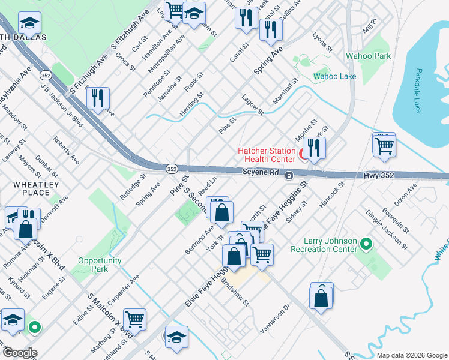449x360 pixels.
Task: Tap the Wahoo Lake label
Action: [x=334, y=77]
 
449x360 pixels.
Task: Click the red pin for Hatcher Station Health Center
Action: [x=304, y=155]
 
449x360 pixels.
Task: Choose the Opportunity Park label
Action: [x=100, y=265]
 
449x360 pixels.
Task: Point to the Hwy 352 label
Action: [x=380, y=176]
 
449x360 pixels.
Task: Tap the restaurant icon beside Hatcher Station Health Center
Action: [x=314, y=148]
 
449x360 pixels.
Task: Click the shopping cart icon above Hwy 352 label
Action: [x=384, y=145]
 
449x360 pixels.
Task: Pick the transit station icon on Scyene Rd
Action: [x=289, y=176]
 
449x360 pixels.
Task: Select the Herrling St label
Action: [x=192, y=105]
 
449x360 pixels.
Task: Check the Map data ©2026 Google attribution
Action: [x=411, y=355]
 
